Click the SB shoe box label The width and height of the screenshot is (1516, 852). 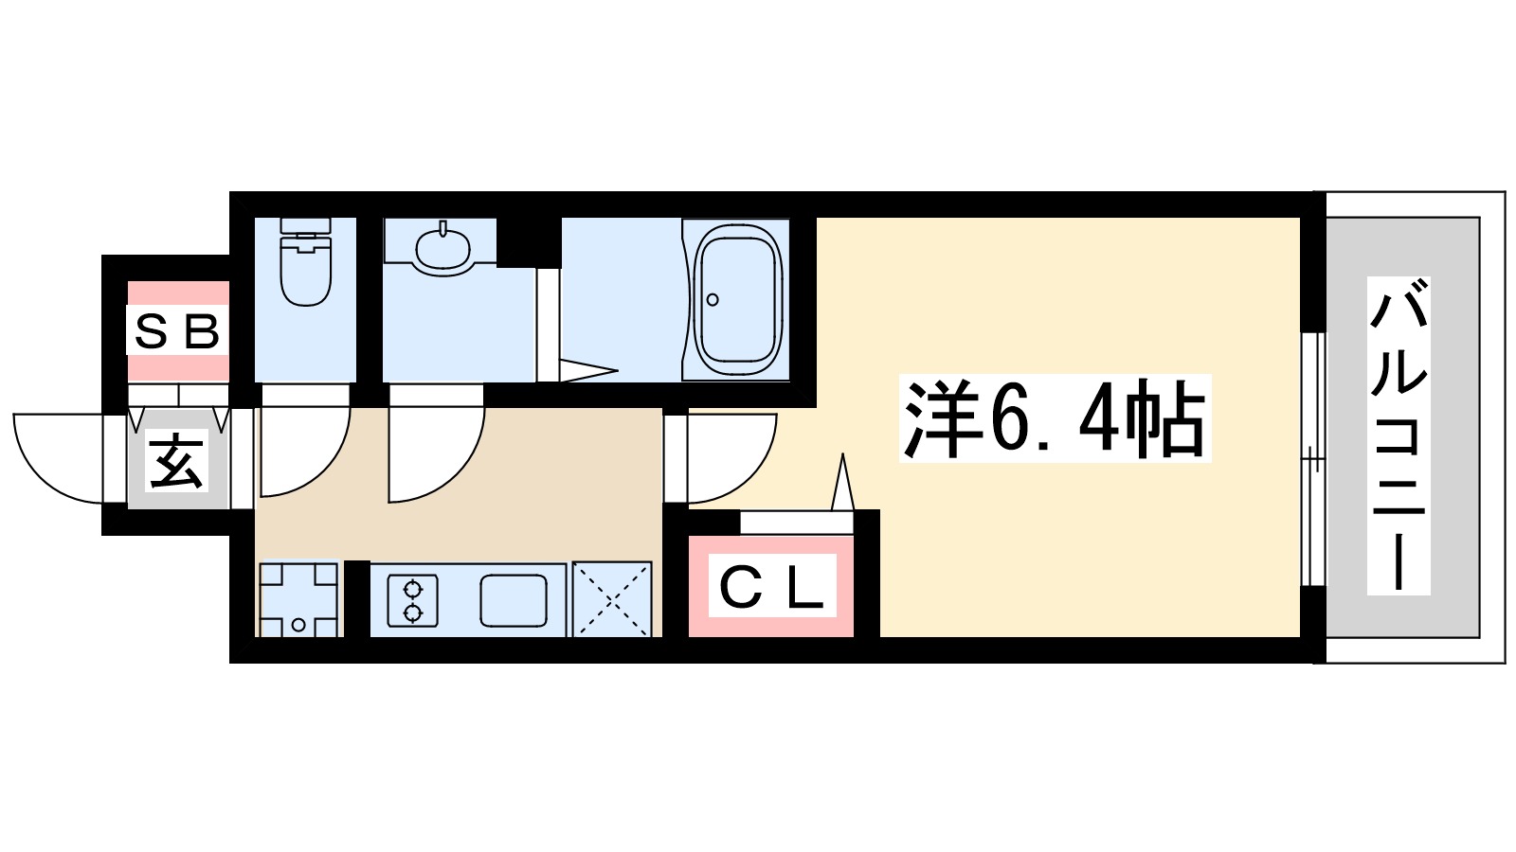(177, 331)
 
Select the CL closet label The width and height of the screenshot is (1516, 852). (771, 589)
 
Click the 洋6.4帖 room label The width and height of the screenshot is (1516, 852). (1055, 419)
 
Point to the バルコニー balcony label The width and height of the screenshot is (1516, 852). (1398, 435)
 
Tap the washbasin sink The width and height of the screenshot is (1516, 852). (442, 248)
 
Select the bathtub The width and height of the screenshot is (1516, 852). (736, 298)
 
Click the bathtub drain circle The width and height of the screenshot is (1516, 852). (713, 300)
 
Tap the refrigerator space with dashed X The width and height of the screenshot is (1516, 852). (612, 599)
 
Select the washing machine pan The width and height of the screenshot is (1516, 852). (298, 599)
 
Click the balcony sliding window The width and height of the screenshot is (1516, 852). (1312, 459)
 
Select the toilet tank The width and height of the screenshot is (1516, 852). (305, 227)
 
